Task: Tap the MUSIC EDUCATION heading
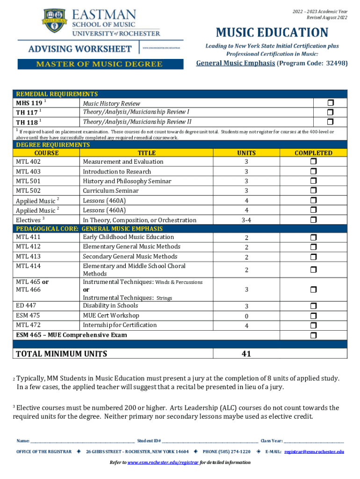pyautogui.click(x=272, y=33)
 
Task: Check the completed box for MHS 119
pyautogui.click(x=330, y=103)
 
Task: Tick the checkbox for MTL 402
pyautogui.click(x=313, y=161)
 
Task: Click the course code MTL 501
pyautogui.click(x=28, y=181)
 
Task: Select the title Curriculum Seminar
pyautogui.click(x=111, y=191)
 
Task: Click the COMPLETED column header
pyautogui.click(x=313, y=153)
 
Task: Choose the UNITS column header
pyautogui.click(x=246, y=153)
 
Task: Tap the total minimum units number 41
pyautogui.click(x=246, y=354)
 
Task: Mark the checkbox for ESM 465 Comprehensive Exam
pyautogui.click(x=313, y=335)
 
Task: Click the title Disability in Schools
pyautogui.click(x=110, y=305)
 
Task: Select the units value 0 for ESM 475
pyautogui.click(x=246, y=316)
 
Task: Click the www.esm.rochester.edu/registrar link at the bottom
pyautogui.click(x=163, y=462)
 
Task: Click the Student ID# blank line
pyautogui.click(x=210, y=441)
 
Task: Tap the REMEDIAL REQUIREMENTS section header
pyautogui.click(x=57, y=94)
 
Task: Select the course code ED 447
pyautogui.click(x=26, y=305)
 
